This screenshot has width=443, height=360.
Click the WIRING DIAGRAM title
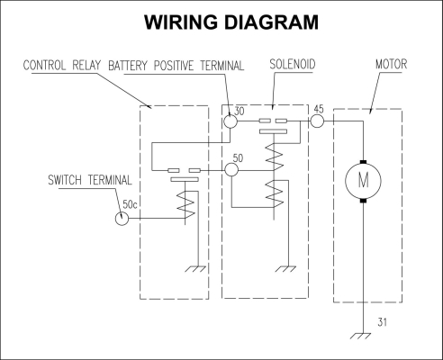tap(231, 22)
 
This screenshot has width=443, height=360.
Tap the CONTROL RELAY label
tap(62, 66)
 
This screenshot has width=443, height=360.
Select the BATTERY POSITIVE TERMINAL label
tap(176, 66)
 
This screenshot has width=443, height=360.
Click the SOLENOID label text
tap(293, 64)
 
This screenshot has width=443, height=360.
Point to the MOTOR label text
tap(391, 64)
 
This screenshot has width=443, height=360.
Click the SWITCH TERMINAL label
tap(90, 180)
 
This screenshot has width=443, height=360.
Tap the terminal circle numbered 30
tap(231, 121)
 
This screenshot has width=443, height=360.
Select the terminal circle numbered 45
tap(317, 121)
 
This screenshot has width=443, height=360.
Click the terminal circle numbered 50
tap(231, 170)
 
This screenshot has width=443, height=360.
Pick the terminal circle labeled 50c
tap(122, 219)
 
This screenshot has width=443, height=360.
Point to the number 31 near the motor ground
tap(382, 322)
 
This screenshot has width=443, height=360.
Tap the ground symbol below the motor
tap(360, 336)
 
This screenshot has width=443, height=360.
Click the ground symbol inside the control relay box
tap(195, 269)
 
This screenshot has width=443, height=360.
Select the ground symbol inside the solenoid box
tap(285, 269)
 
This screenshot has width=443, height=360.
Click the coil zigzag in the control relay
tap(185, 205)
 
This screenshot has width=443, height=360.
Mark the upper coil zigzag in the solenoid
tap(275, 157)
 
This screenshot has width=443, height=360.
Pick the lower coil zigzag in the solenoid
tap(275, 193)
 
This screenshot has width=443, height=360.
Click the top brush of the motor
tap(363, 162)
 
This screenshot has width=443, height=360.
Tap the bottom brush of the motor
tap(363, 200)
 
